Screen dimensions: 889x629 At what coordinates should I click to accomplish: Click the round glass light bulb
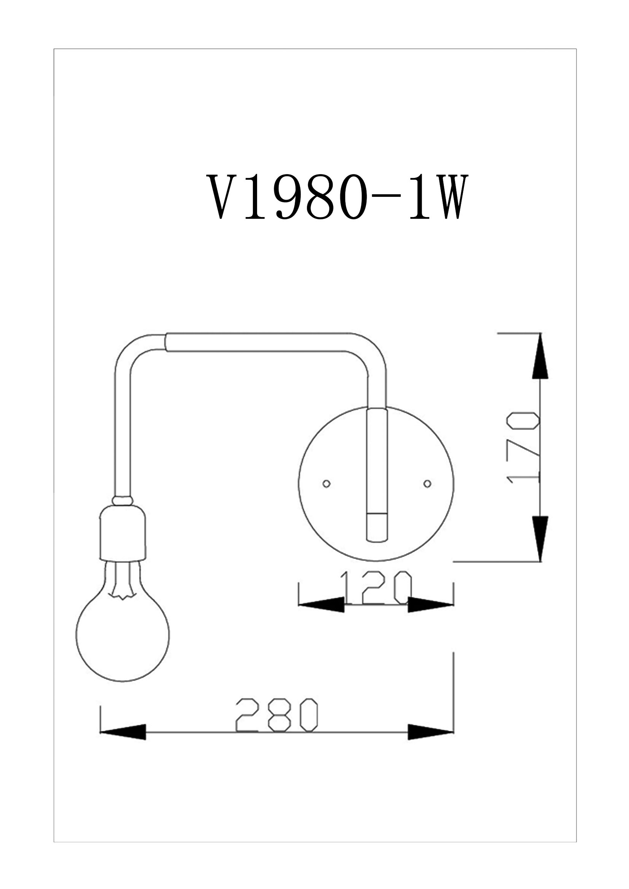click(122, 631)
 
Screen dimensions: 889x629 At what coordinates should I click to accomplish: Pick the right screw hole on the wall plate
click(427, 483)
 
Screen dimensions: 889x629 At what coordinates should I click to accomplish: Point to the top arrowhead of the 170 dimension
click(540, 356)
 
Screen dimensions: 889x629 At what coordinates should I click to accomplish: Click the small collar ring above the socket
click(122, 501)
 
